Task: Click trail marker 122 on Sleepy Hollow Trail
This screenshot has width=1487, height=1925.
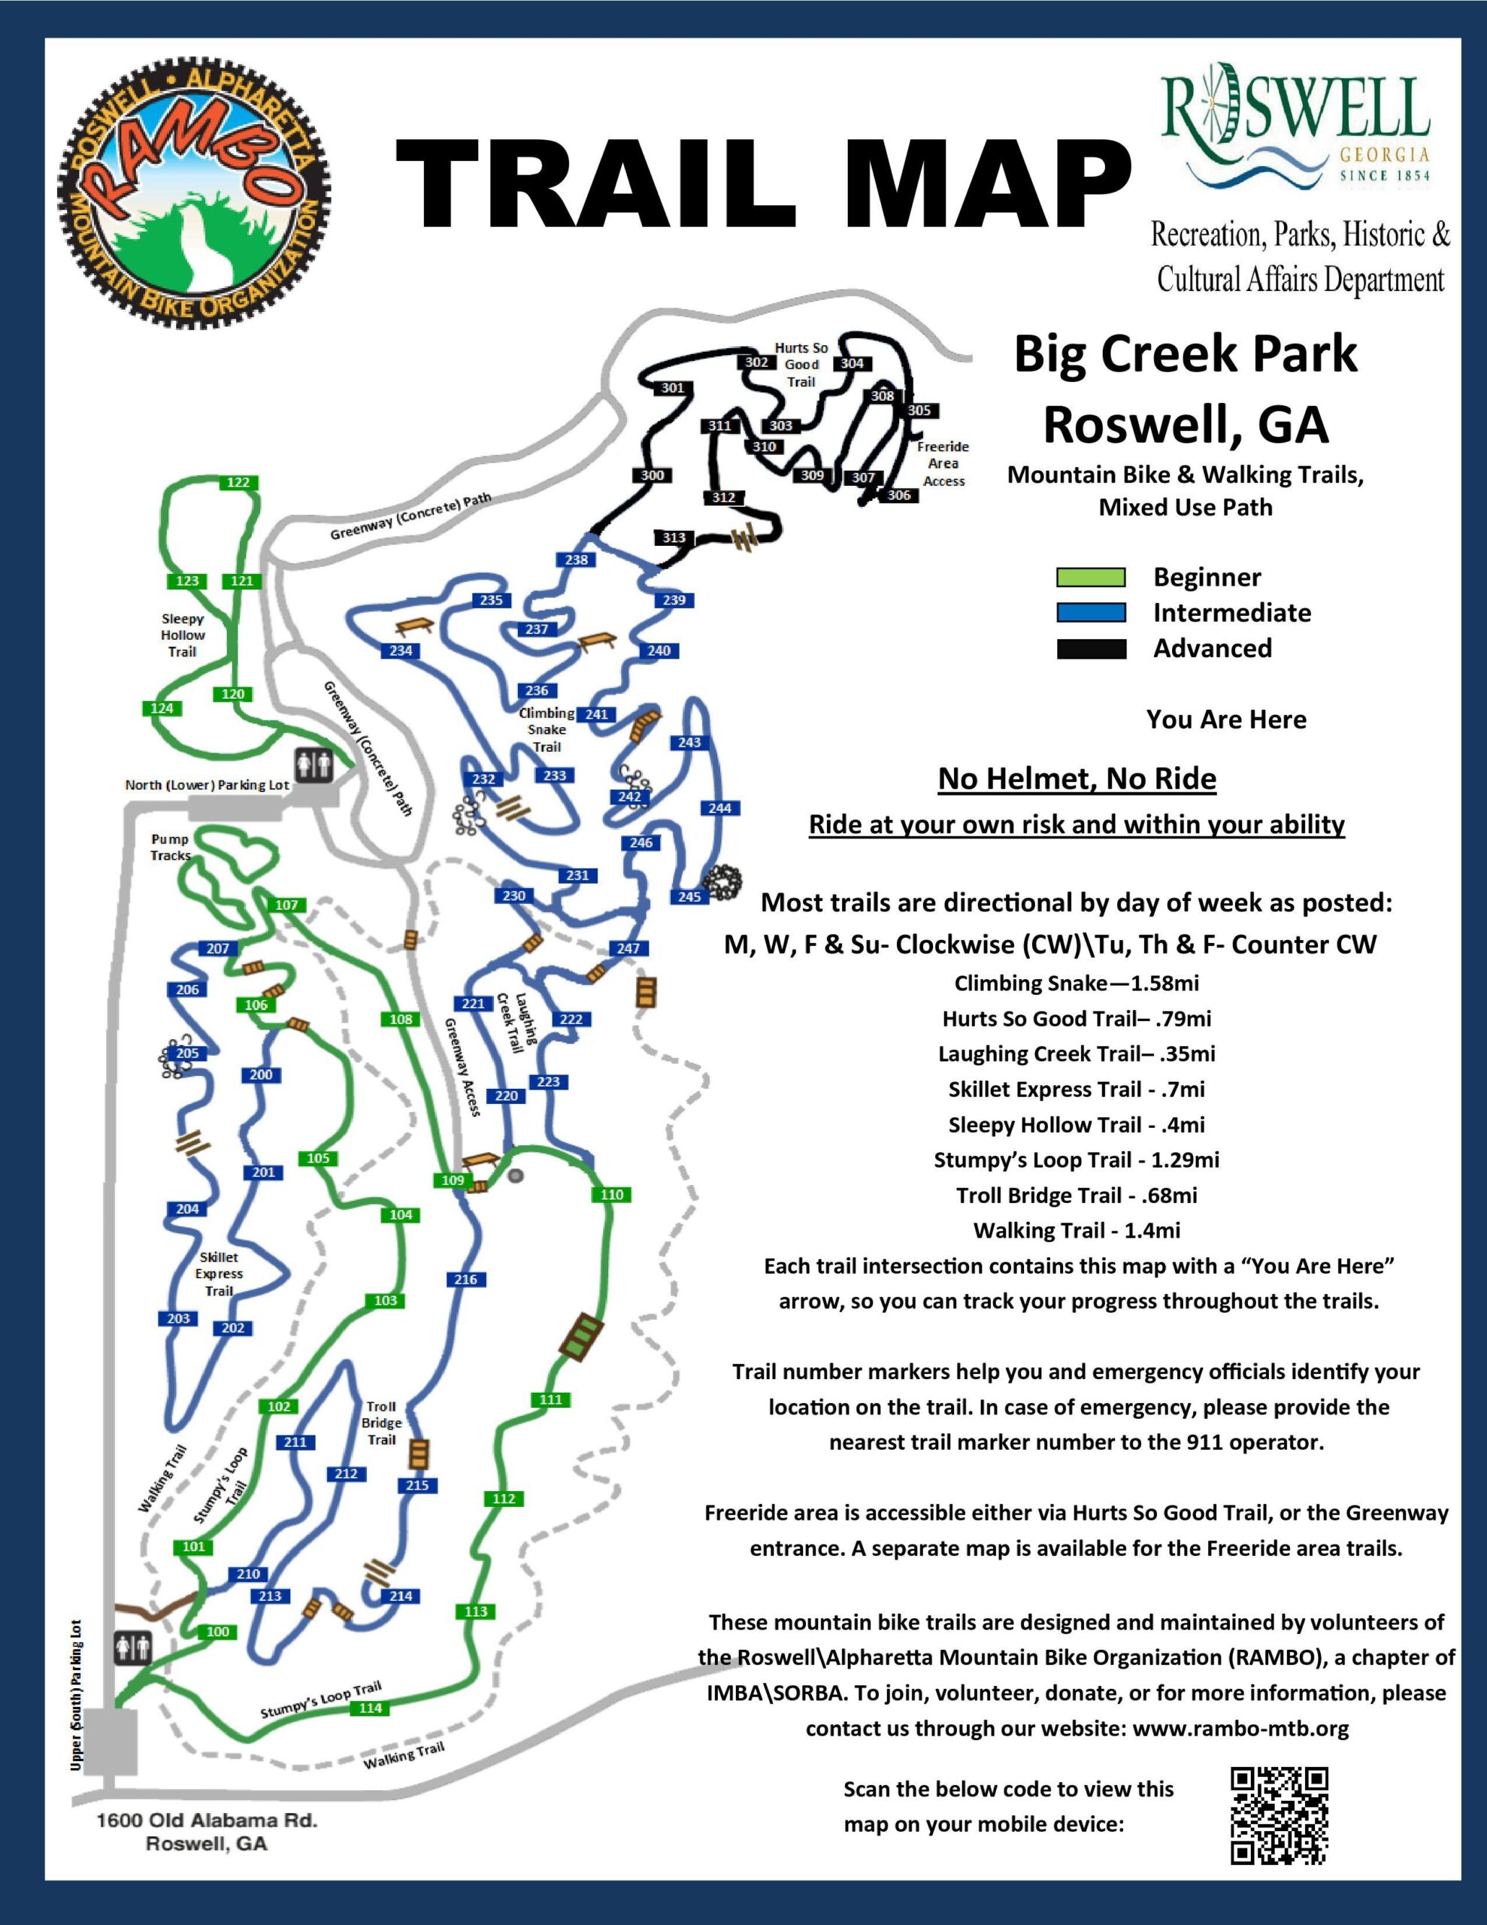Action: pos(238,482)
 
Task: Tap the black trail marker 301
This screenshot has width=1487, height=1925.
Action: pos(673,388)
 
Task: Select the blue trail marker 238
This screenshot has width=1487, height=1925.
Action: pos(577,559)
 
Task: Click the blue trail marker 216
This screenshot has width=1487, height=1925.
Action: pos(465,1280)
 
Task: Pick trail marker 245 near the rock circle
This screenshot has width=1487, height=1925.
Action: pos(689,896)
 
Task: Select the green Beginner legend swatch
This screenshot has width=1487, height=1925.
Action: pos(1090,578)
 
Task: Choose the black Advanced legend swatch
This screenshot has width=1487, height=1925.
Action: pos(1090,650)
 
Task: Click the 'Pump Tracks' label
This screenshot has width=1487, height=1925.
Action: pos(170,847)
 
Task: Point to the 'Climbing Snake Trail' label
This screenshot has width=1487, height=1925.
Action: pos(547,730)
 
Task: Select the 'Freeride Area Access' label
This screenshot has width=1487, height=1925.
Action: pos(943,464)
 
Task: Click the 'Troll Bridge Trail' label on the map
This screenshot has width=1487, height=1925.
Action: pos(382,1423)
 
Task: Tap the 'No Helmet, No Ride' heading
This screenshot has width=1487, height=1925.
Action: pos(1077,779)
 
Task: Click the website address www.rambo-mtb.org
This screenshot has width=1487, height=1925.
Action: pos(1240,1729)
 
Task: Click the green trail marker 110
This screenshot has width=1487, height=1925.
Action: pos(612,1194)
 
